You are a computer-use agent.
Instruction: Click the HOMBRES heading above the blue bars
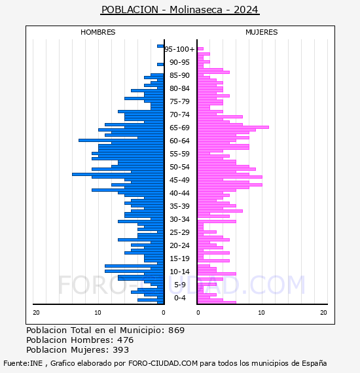(x=98, y=32)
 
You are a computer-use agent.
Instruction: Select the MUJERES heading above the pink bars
(x=262, y=32)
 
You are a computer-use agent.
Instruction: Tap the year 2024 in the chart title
(x=246, y=10)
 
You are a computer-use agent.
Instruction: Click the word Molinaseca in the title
(x=196, y=10)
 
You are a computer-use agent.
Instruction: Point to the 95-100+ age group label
(x=179, y=49)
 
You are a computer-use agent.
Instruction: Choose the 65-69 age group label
(x=179, y=128)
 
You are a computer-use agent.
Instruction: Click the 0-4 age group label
(x=179, y=298)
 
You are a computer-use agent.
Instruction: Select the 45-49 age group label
(x=179, y=180)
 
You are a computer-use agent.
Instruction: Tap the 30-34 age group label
(x=179, y=219)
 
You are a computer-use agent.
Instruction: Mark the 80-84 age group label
(x=179, y=88)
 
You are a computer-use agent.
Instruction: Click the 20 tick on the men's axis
(x=36, y=313)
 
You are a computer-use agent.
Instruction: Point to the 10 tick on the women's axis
(x=261, y=313)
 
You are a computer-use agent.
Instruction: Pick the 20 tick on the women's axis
(x=323, y=313)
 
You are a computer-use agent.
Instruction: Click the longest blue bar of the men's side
(x=118, y=174)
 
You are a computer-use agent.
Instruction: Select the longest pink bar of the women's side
(x=233, y=127)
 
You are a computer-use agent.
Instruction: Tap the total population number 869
(x=176, y=330)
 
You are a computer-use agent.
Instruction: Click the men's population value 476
(x=126, y=340)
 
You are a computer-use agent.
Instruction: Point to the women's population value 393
(x=121, y=350)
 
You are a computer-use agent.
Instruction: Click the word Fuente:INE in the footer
(x=23, y=363)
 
